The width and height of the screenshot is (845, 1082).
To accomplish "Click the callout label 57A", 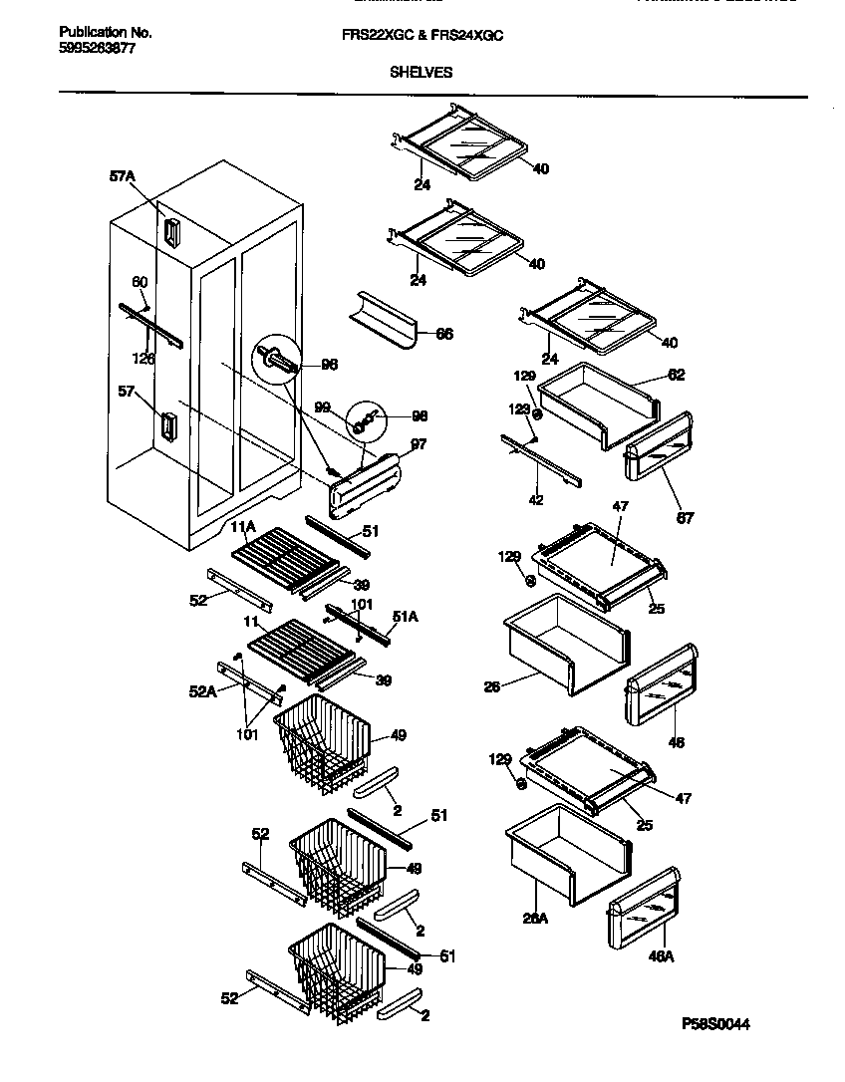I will click(x=122, y=176).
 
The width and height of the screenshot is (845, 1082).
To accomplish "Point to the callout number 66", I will click(x=444, y=334).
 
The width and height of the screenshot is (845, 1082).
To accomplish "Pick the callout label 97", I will click(x=418, y=444).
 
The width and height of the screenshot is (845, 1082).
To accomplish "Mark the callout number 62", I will click(x=676, y=376).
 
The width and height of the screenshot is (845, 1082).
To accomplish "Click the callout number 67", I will click(x=685, y=517).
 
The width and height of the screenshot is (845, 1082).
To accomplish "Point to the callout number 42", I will click(x=536, y=500).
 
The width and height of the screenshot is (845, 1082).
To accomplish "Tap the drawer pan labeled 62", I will click(x=596, y=401).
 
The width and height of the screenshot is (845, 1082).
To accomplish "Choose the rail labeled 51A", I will click(x=359, y=623).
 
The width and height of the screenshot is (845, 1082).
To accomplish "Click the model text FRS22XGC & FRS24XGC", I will click(x=422, y=34).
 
